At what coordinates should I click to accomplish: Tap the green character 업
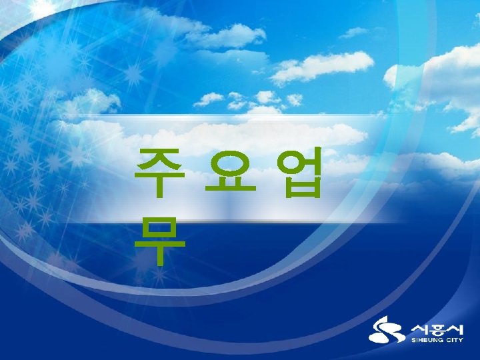[x=302, y=172]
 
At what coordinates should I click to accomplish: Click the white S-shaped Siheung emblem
[x=386, y=331]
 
